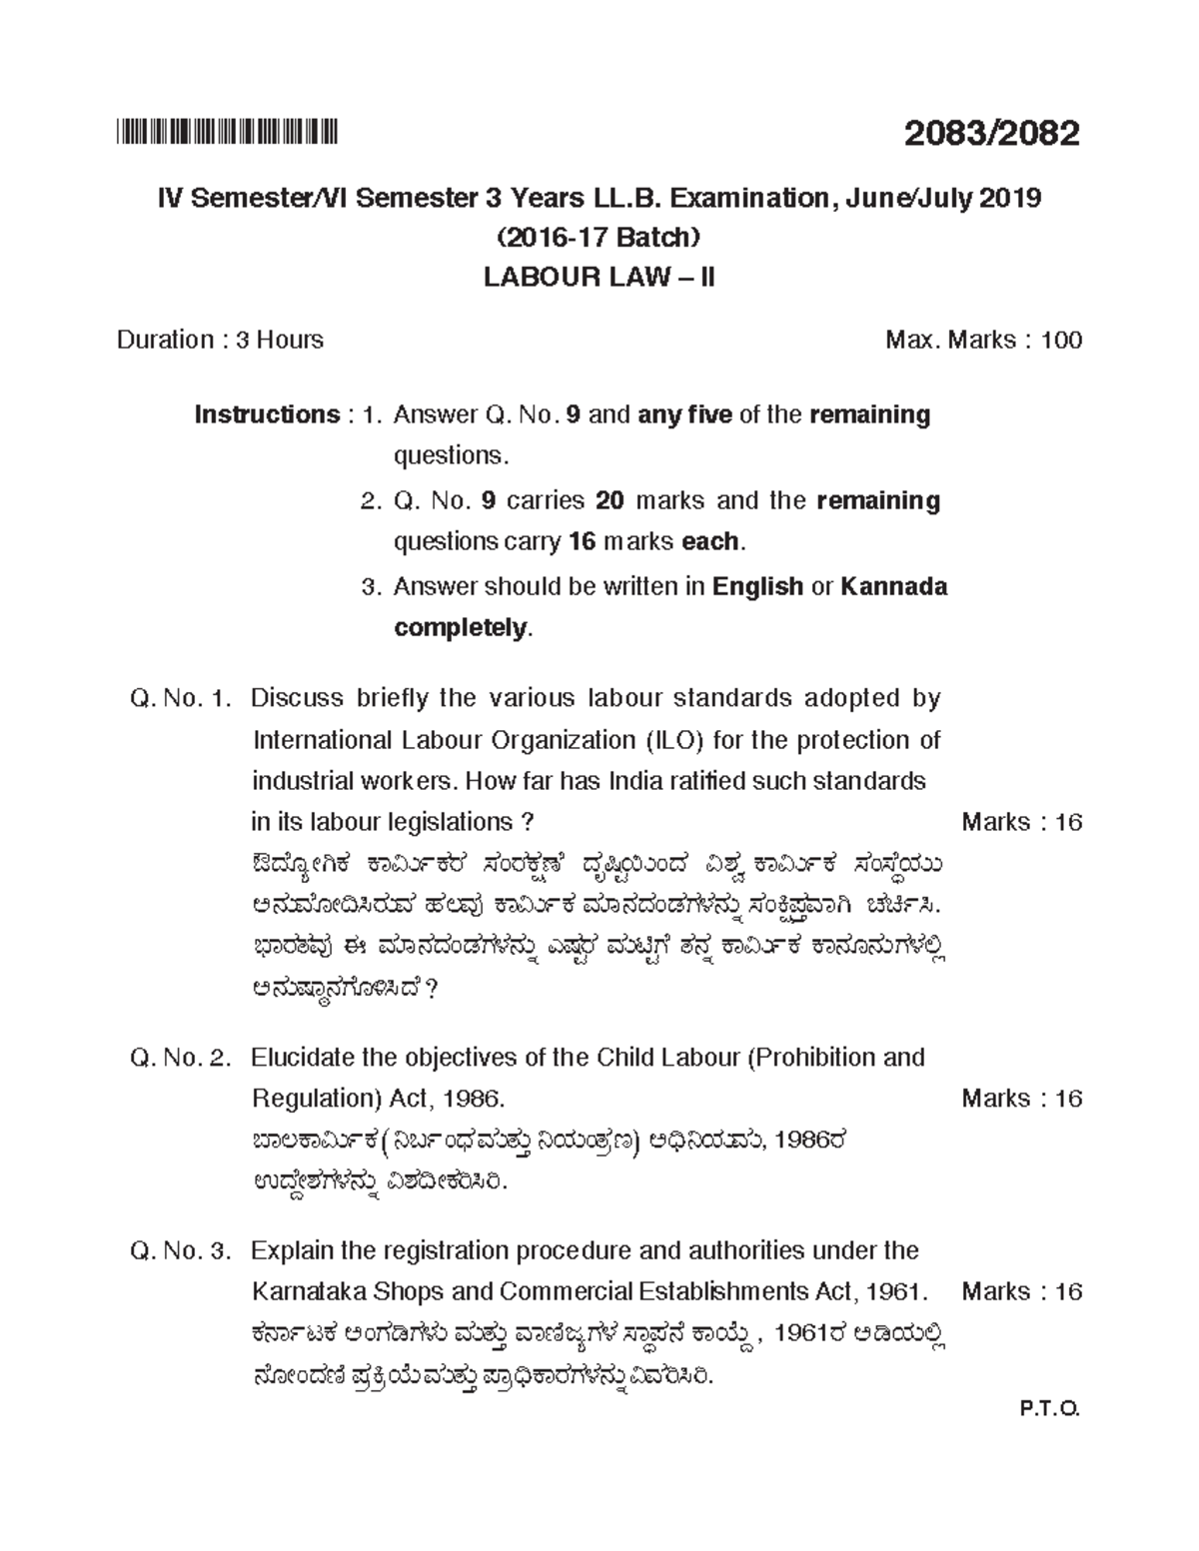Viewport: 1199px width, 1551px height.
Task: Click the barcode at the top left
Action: point(229,131)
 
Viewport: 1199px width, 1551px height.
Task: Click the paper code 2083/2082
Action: point(991,133)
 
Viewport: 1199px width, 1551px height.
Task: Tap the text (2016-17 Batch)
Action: point(599,238)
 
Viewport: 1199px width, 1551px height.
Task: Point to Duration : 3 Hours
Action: point(220,340)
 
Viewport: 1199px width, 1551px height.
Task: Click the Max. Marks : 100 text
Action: point(983,340)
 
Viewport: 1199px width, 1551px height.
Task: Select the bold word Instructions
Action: point(267,414)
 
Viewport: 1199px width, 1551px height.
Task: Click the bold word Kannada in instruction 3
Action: point(894,586)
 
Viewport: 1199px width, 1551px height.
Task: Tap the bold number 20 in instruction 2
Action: point(609,500)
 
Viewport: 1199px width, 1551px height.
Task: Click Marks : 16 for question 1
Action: point(1021,822)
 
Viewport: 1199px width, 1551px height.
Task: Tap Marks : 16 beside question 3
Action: point(1021,1291)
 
